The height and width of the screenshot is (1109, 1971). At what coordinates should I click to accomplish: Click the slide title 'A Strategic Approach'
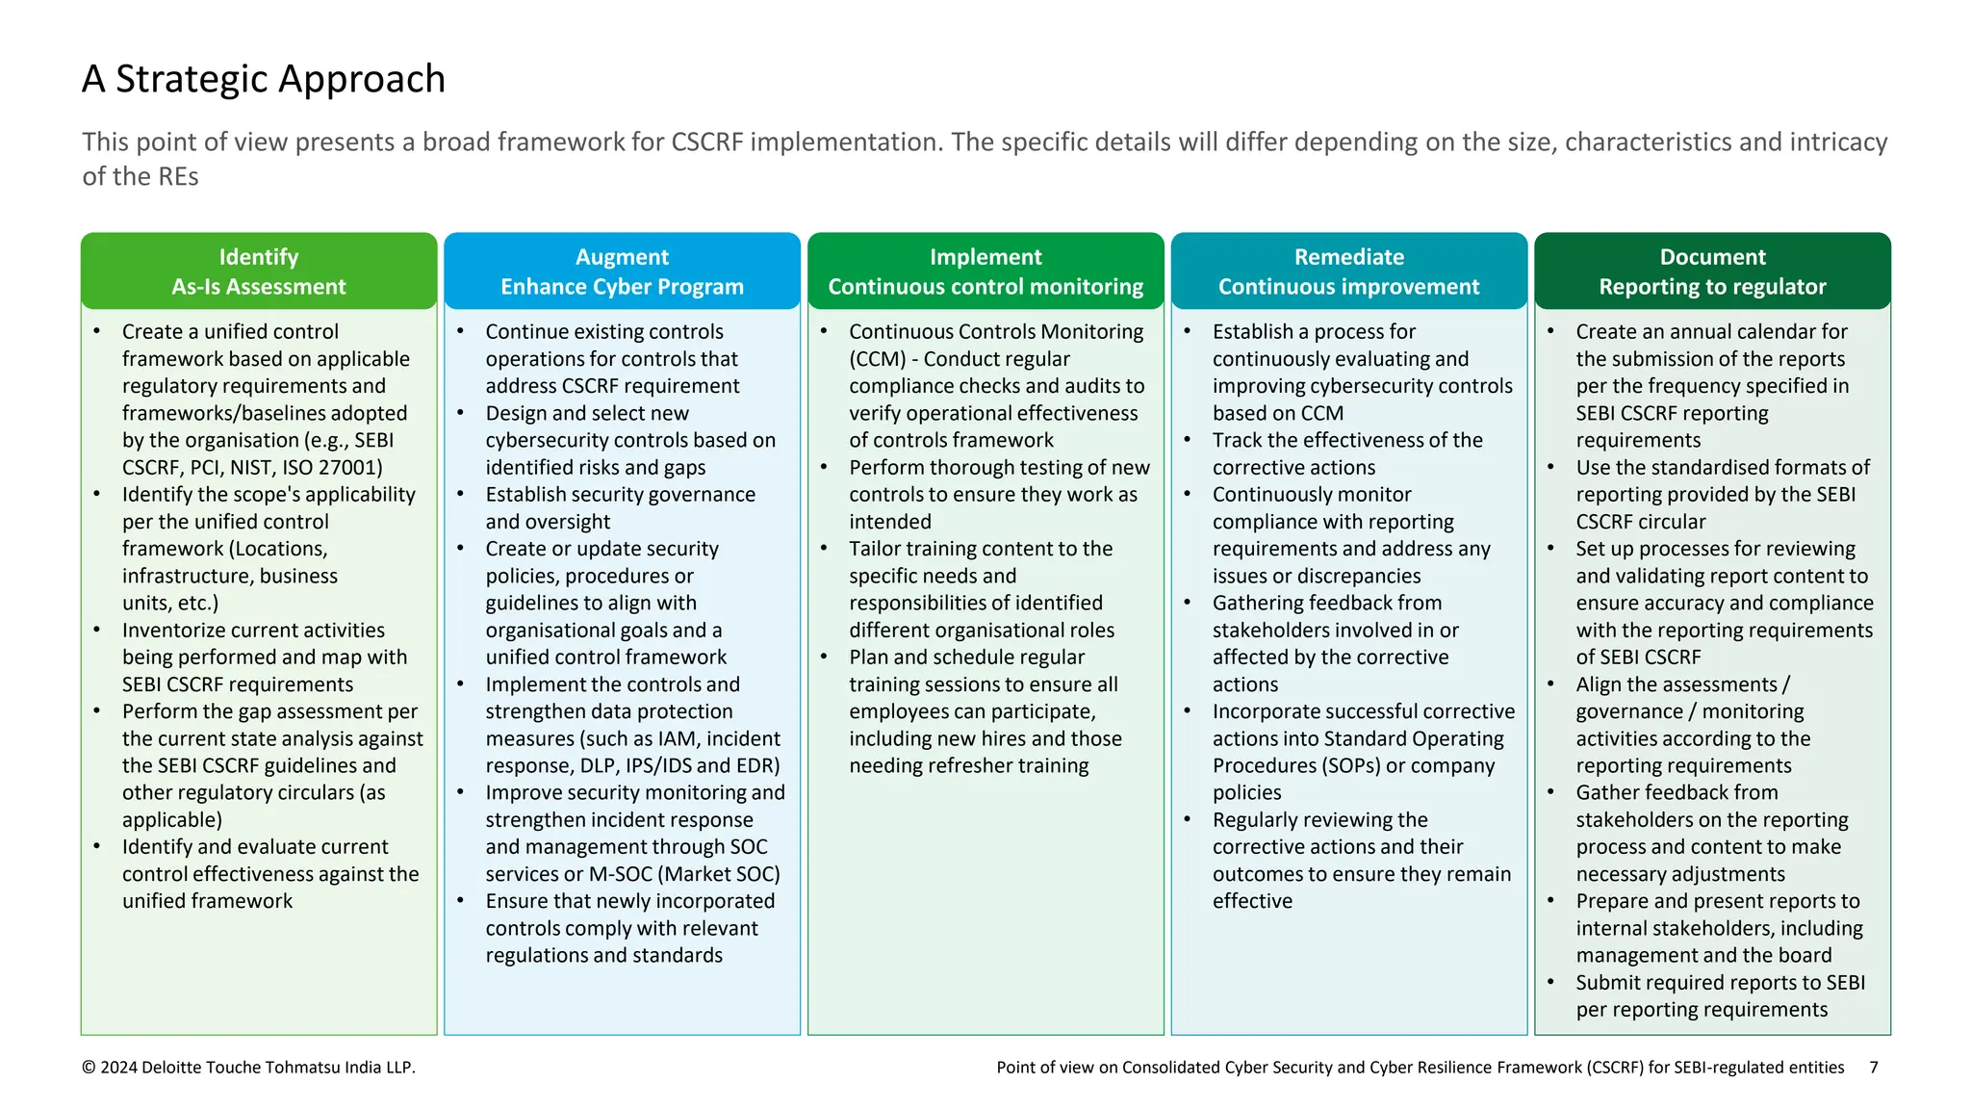click(x=263, y=79)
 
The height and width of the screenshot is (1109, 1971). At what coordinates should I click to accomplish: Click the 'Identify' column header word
click(x=258, y=257)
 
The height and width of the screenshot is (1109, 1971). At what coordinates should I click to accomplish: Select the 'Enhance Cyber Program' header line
click(x=622, y=287)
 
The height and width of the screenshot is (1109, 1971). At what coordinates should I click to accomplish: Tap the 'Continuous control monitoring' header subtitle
click(x=985, y=287)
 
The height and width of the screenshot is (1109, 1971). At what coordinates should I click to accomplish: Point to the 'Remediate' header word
click(x=1348, y=257)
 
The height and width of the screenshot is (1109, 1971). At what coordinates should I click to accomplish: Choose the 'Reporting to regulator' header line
click(x=1712, y=287)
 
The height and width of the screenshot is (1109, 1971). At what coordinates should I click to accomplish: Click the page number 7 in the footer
click(x=1873, y=1067)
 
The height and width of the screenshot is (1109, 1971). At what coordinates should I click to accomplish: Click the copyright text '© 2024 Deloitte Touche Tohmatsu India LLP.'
click(x=248, y=1067)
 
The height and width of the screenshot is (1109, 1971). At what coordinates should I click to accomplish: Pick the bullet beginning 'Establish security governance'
click(x=620, y=495)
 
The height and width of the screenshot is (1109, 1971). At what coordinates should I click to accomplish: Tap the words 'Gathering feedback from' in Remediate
click(x=1326, y=604)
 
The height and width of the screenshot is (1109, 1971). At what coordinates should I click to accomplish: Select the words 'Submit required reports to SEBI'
click(x=1720, y=983)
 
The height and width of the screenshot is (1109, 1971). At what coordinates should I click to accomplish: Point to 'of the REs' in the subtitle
click(x=140, y=177)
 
